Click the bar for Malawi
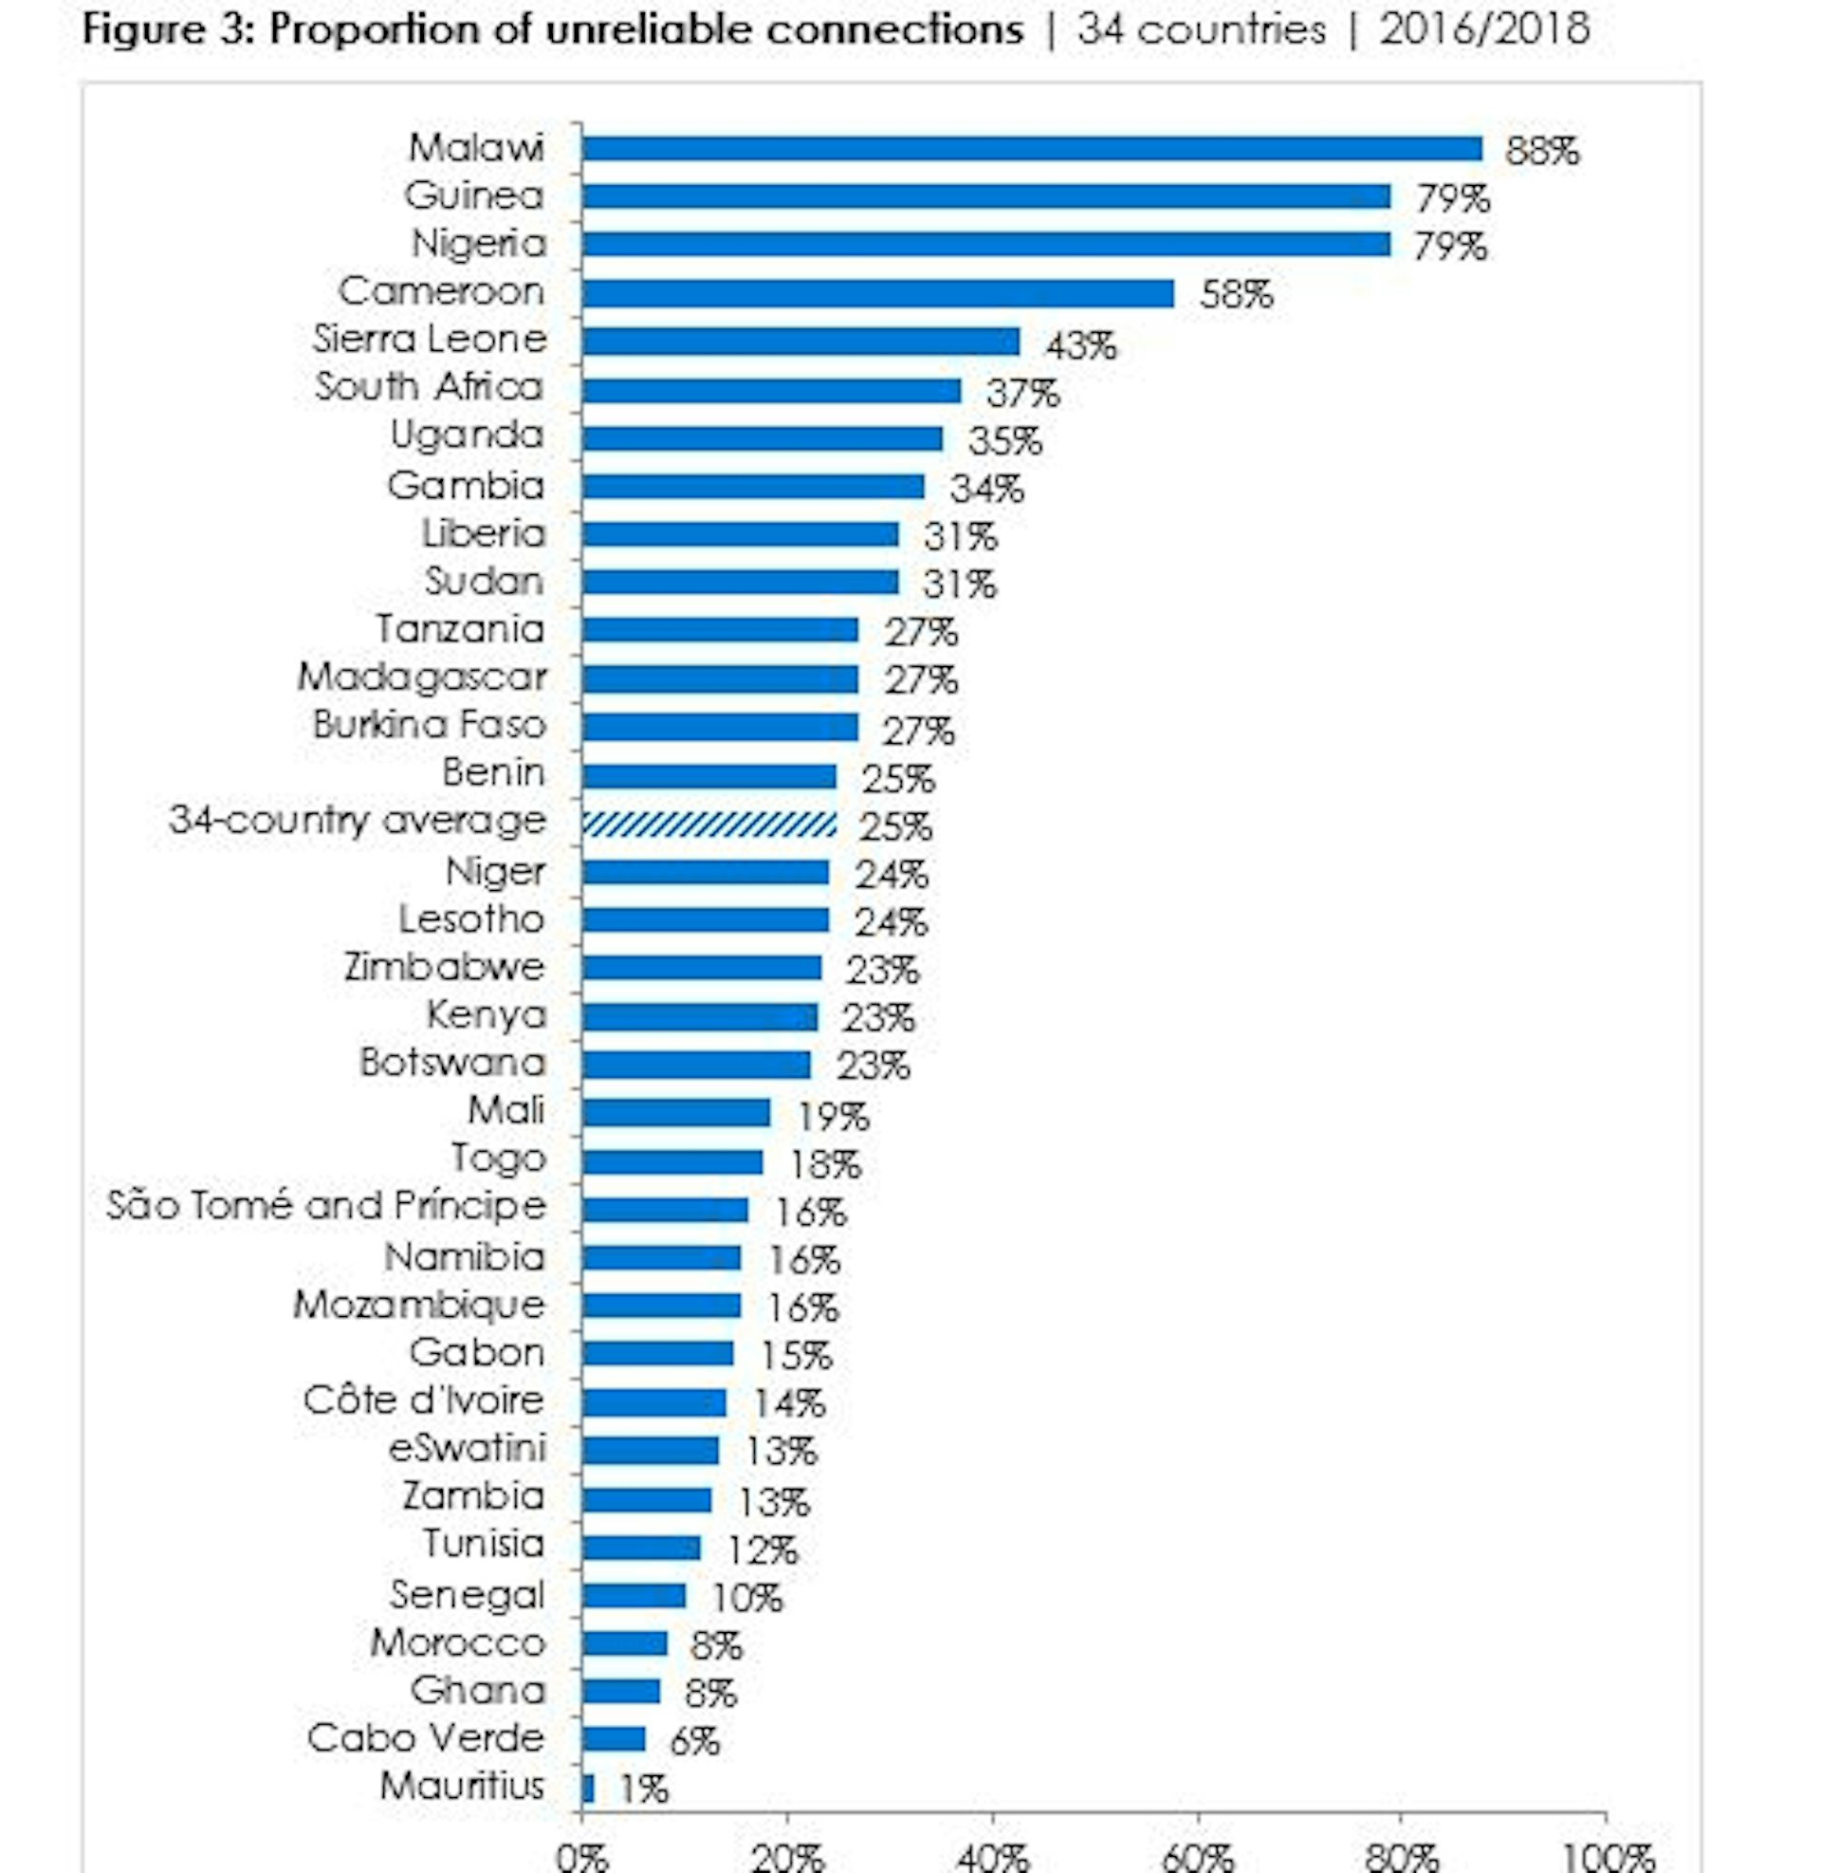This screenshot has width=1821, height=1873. [1031, 149]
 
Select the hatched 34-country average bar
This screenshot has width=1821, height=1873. [708, 825]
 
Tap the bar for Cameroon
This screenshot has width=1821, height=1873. [877, 294]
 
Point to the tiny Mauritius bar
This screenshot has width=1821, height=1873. [588, 1789]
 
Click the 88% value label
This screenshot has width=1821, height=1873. [1542, 151]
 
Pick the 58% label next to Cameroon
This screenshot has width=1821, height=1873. [1236, 295]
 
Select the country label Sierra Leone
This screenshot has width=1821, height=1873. [430, 340]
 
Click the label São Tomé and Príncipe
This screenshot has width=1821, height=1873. [326, 1205]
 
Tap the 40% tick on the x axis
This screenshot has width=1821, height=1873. [993, 1856]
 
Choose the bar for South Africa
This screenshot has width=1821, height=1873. [771, 390]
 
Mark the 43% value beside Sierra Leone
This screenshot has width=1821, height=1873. [1080, 344]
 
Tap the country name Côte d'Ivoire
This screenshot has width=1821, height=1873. [424, 1400]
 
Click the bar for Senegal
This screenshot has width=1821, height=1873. [635, 1596]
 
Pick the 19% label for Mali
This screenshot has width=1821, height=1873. [833, 1116]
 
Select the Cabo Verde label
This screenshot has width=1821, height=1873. [426, 1738]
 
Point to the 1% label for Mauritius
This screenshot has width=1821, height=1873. [644, 1790]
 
